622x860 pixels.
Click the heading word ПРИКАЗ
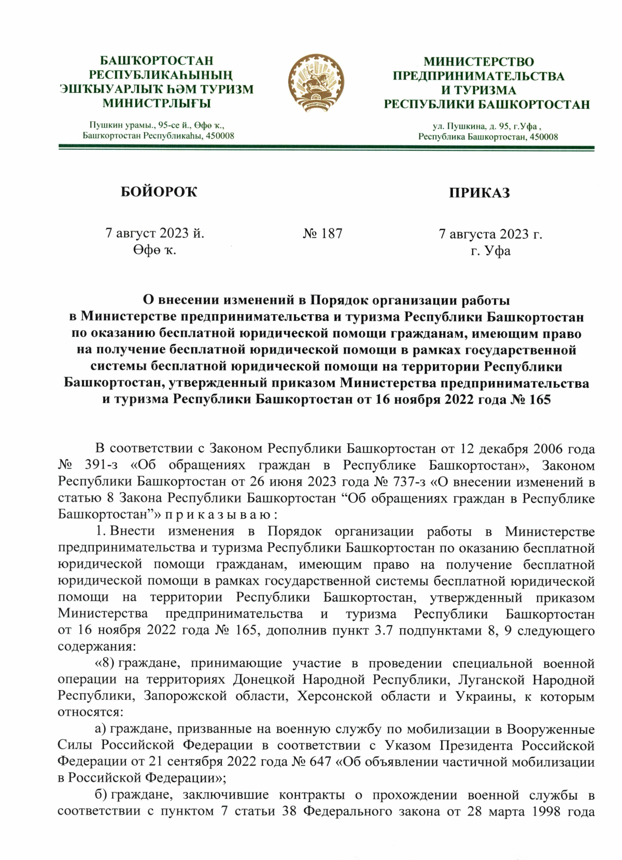479,193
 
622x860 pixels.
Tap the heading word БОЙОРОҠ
159,192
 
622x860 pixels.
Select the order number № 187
322,234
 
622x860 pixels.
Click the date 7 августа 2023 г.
490,234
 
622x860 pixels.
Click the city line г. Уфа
490,251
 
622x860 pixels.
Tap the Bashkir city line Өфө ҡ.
154,250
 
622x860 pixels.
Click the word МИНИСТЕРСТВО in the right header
478,62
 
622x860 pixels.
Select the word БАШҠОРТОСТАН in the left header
157,61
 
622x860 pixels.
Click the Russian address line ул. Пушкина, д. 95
487,126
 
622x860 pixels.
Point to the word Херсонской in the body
334,696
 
